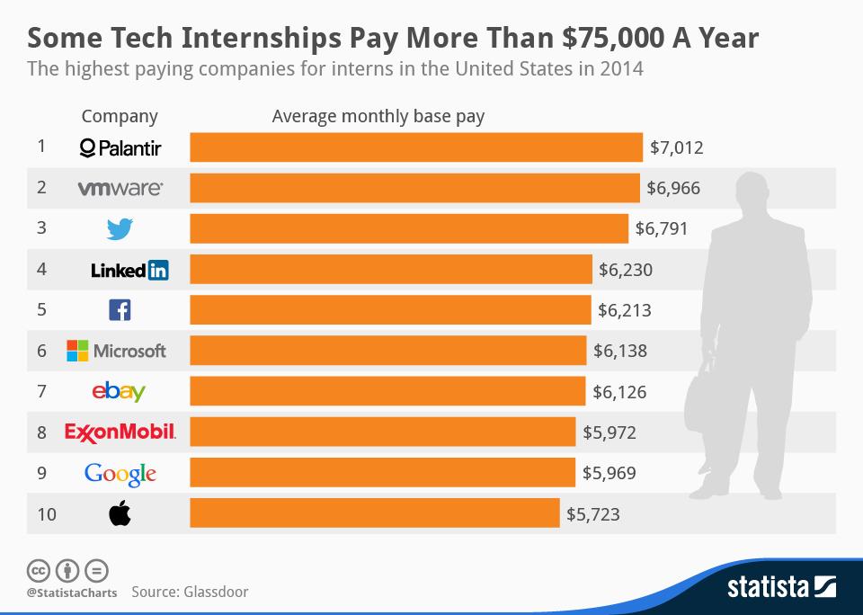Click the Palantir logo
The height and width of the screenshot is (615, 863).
(x=120, y=147)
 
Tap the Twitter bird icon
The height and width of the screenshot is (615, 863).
(x=120, y=228)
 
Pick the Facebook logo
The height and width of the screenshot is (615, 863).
(x=120, y=310)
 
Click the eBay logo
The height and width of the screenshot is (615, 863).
(x=119, y=391)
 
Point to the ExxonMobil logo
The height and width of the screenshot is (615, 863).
(x=120, y=432)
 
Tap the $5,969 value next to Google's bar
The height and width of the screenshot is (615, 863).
(x=609, y=473)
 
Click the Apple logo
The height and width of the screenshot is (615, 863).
(x=120, y=513)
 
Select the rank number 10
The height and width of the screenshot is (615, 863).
(x=47, y=514)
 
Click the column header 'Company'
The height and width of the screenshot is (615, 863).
(x=120, y=116)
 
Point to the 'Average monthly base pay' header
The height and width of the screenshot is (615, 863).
(x=378, y=116)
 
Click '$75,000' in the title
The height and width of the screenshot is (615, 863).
(x=612, y=39)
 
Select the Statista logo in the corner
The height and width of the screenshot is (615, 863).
(x=780, y=589)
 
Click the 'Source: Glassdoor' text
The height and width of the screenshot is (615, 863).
(x=190, y=592)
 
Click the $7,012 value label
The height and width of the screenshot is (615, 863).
(x=676, y=147)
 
